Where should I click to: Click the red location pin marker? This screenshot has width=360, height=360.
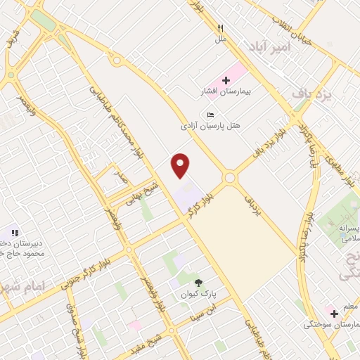point(181,166)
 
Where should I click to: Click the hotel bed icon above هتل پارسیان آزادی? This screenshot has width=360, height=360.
point(210,115)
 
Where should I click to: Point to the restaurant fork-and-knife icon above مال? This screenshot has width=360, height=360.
point(220,28)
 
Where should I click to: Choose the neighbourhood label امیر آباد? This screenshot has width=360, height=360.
point(269,46)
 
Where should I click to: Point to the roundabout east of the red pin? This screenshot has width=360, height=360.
point(229,179)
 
